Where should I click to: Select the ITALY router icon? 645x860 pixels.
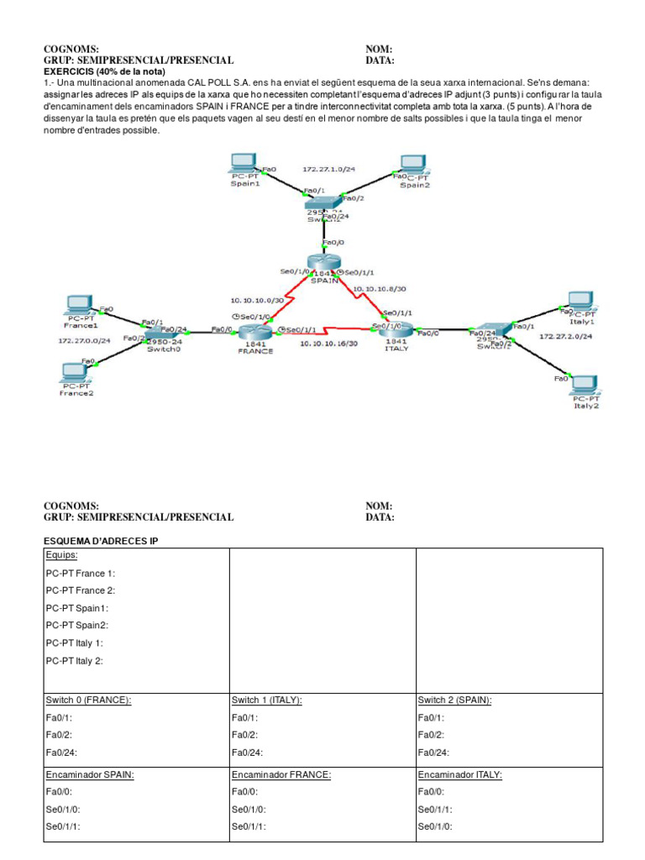tap(396, 331)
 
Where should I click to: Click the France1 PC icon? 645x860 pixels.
tap(81, 304)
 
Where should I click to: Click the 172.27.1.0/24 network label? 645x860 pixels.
tap(328, 169)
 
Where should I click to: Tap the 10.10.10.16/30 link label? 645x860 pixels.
tap(329, 343)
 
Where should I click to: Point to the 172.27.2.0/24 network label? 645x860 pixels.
tap(565, 336)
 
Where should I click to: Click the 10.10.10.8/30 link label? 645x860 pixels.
tap(380, 288)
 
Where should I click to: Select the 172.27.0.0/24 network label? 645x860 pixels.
tap(84, 342)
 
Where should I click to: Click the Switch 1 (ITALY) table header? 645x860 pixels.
tap(266, 700)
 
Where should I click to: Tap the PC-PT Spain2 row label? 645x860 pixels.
tap(77, 625)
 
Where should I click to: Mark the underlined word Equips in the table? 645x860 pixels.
tap(62, 555)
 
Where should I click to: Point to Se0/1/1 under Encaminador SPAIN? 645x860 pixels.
tap(63, 827)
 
